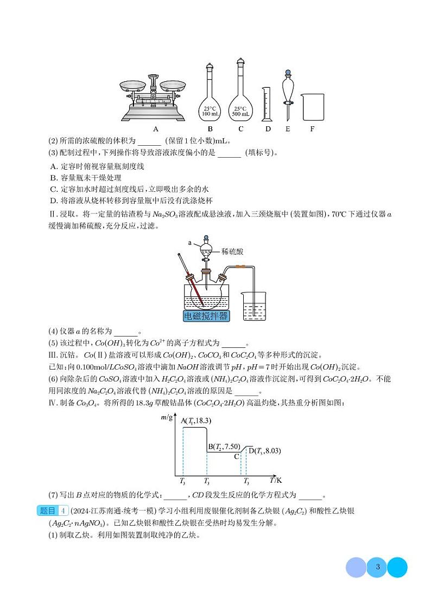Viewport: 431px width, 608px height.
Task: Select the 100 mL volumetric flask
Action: pos(210,98)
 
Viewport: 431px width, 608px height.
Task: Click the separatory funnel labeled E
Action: pos(287,95)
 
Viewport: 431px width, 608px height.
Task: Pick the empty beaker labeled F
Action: pos(313,107)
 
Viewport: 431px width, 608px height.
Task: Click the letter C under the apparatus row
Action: pos(240,129)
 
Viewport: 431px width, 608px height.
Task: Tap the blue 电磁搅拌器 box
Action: pos(206,316)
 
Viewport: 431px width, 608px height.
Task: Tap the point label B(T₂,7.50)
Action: pos(224,446)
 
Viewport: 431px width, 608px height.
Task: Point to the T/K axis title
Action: pos(276,480)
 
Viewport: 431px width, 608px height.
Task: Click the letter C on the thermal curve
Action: pos(237,456)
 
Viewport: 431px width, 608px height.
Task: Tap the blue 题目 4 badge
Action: pos(53,510)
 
